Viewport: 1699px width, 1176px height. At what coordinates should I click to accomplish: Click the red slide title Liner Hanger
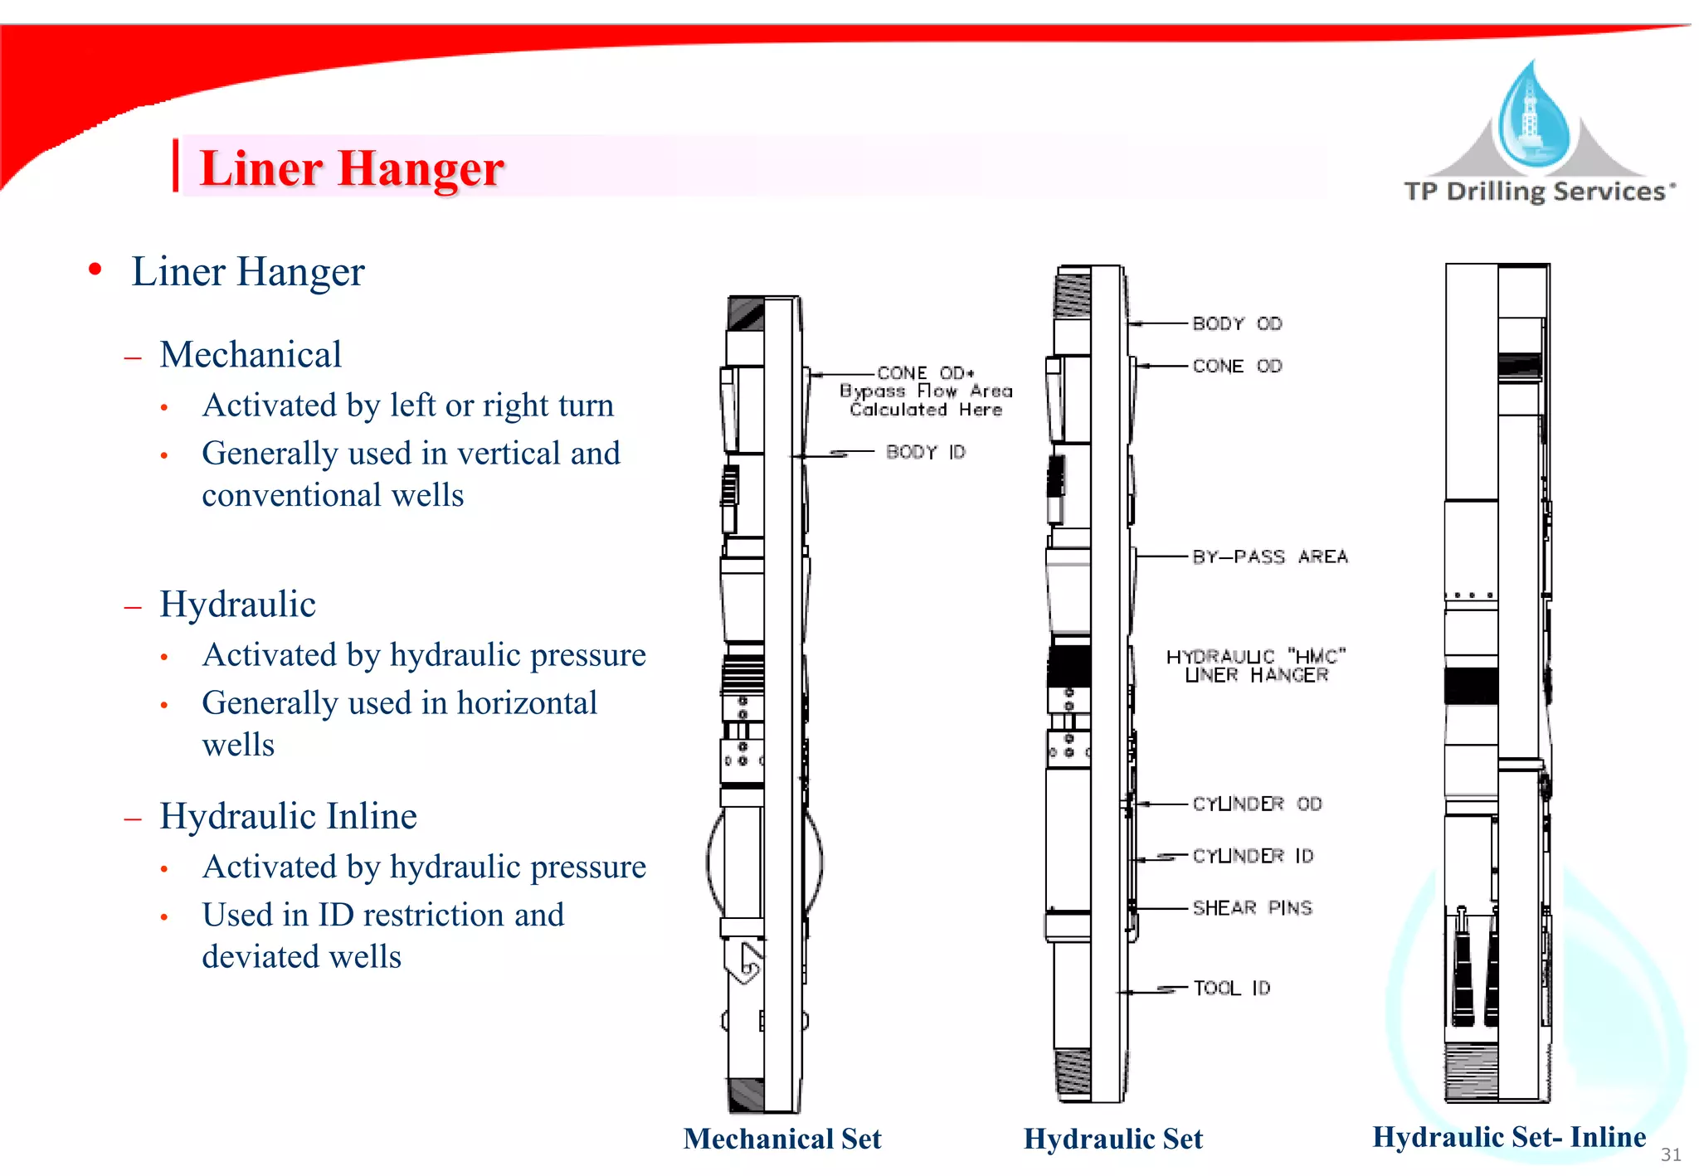352,168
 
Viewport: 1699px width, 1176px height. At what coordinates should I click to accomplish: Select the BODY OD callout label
1237,323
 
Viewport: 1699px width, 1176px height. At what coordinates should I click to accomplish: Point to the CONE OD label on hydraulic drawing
1237,366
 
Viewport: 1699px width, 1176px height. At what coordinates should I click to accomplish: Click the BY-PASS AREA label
1269,556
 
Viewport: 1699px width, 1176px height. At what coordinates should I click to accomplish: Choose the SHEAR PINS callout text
1252,907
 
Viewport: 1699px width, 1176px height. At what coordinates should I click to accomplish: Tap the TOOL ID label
1231,988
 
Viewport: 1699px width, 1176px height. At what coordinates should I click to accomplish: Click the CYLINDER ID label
1253,855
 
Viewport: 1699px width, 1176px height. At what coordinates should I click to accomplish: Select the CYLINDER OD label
1257,804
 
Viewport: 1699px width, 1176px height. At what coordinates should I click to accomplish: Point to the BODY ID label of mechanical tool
925,452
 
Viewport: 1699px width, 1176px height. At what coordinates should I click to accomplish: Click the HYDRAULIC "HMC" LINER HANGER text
1256,666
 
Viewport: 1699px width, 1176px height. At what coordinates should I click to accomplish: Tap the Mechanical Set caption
781,1139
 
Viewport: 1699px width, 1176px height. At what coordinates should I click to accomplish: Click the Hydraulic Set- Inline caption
1509,1136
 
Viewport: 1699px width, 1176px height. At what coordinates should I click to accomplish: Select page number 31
1671,1154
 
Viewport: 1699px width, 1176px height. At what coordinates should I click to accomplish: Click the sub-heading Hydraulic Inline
288,816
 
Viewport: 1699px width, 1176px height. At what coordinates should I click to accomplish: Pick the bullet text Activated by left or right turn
408,406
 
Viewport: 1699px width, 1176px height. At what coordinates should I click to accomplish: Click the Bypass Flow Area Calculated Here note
926,401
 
